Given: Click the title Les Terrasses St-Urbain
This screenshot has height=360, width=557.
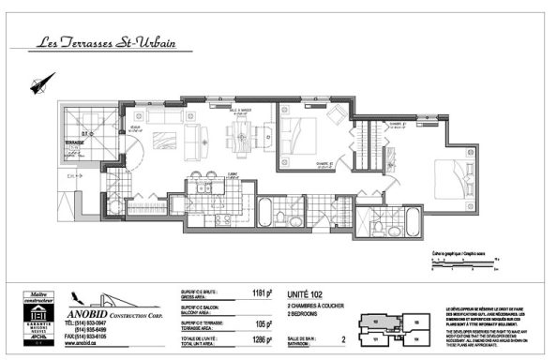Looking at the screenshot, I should tap(107, 43).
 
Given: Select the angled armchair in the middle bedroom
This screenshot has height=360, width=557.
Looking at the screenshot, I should tap(336, 114).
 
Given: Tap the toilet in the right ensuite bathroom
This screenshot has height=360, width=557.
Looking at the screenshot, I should tap(377, 225).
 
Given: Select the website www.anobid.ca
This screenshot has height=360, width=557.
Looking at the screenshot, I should tap(82, 343).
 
